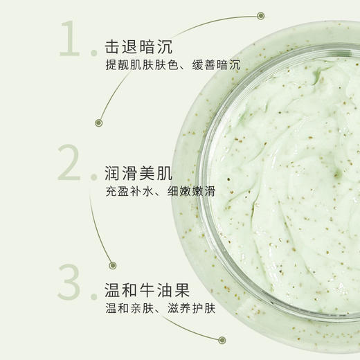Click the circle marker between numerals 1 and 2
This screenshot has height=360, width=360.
[x=99, y=123]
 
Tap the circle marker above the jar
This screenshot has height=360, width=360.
[x=260, y=15]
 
